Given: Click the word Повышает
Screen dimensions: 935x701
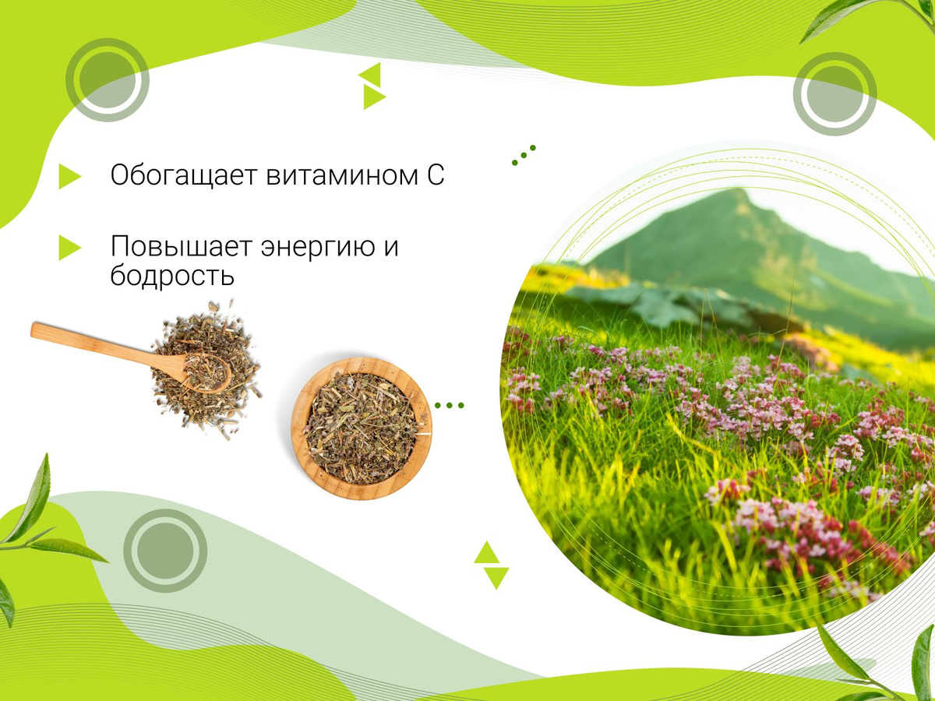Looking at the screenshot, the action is point(181,246).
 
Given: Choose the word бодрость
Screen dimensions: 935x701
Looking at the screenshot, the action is point(172,276).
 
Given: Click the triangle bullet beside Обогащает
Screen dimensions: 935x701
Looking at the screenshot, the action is point(69,176).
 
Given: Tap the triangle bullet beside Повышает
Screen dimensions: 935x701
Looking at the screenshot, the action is point(69,247).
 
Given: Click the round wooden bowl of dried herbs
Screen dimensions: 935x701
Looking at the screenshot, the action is point(362,428).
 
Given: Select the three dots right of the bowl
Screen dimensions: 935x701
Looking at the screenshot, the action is point(449,406).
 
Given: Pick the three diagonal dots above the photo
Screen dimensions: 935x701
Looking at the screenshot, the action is point(524,155).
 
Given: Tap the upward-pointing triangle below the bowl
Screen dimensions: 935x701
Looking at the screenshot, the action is point(486,552).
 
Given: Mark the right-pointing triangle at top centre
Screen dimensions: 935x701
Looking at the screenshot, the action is point(373,97).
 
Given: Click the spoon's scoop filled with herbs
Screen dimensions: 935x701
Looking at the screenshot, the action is point(207,373).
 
